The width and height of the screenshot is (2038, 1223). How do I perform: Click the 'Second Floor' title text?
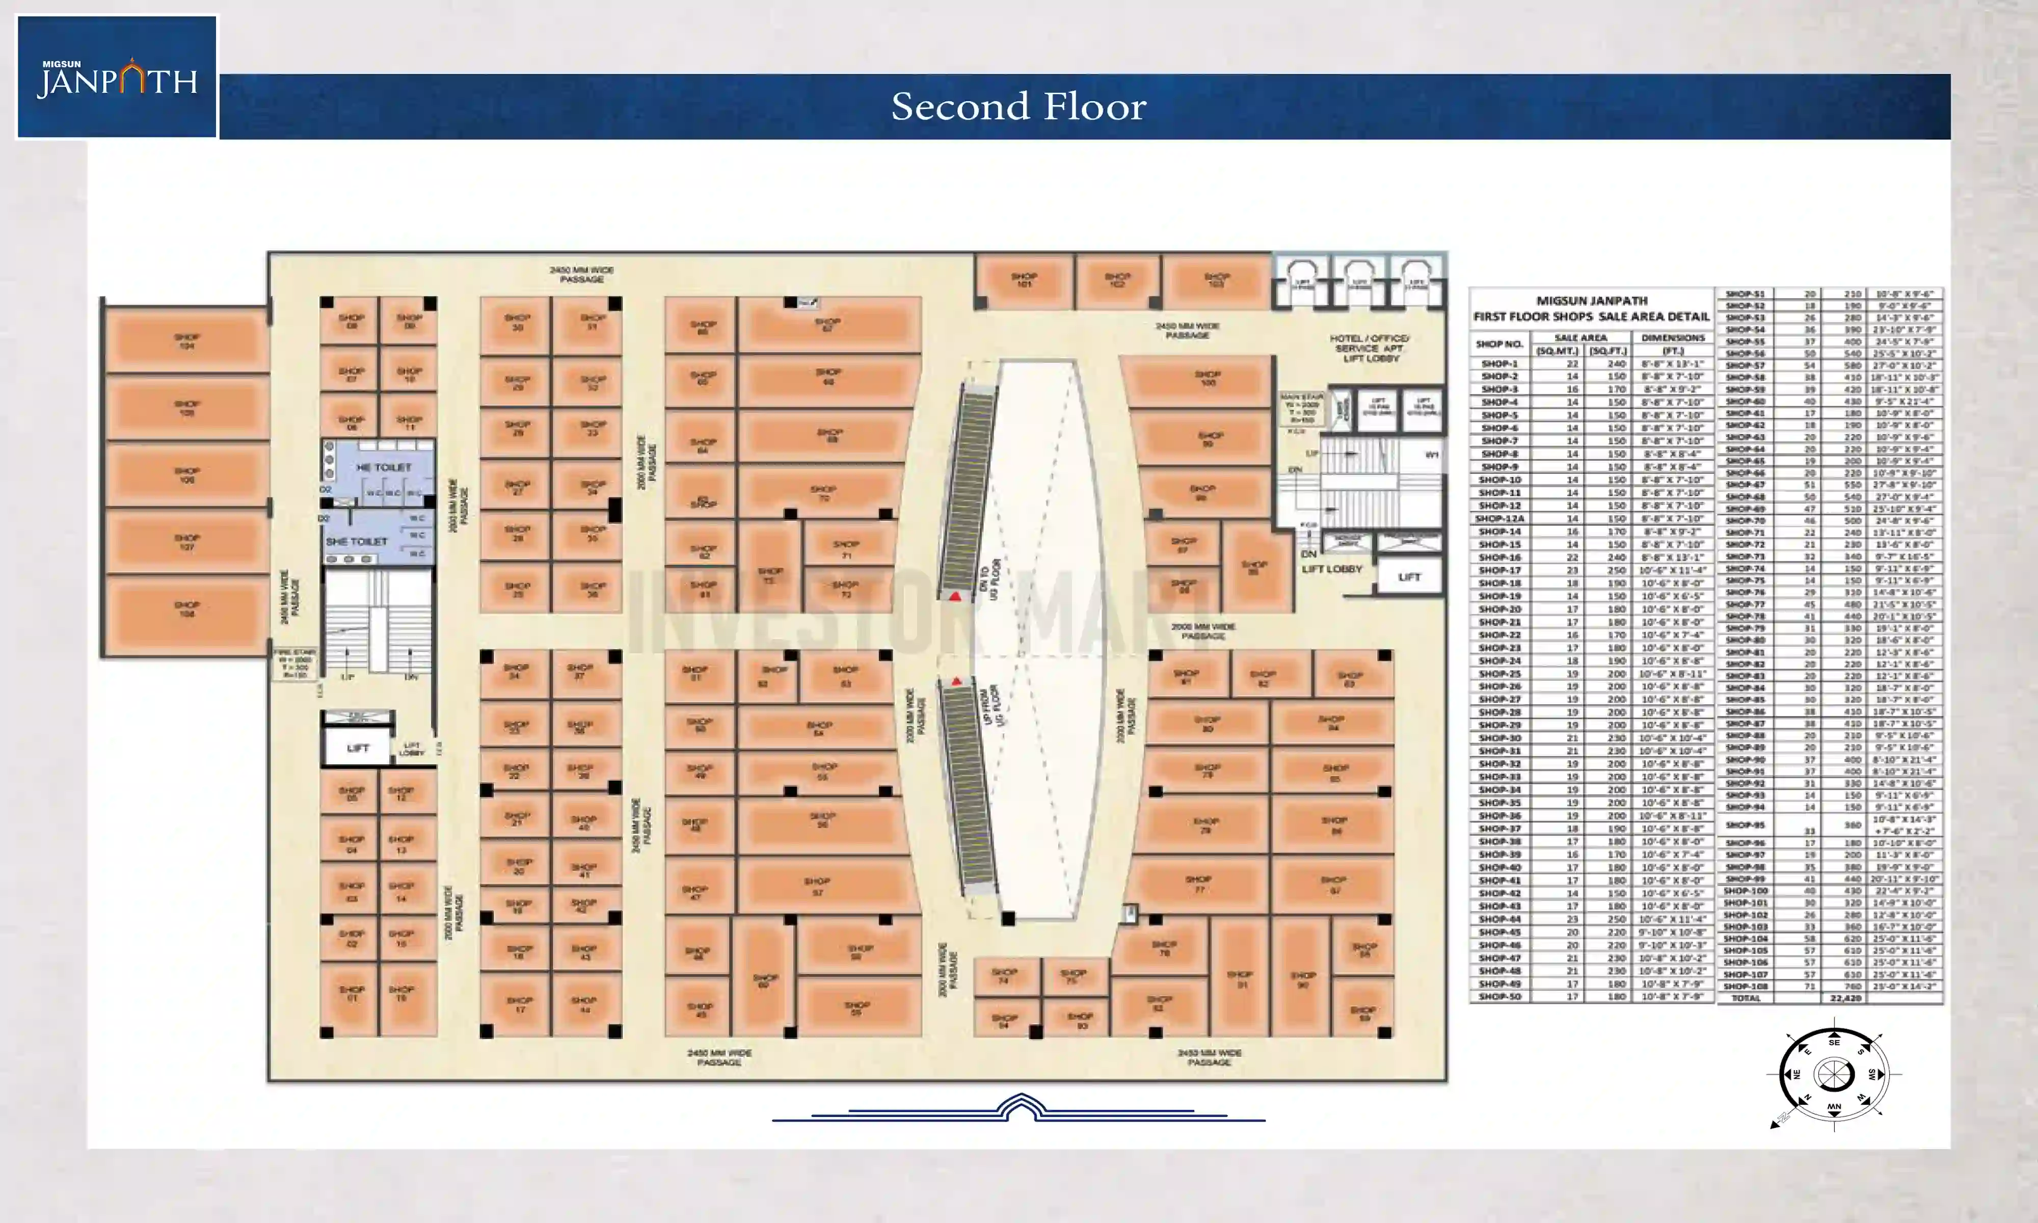[1018, 107]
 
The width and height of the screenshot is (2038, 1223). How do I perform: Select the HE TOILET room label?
[383, 467]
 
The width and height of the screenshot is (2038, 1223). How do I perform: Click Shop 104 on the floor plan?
[187, 340]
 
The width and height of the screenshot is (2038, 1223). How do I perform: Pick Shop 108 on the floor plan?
[187, 609]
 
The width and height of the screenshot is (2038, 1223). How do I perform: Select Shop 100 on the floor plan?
[1208, 378]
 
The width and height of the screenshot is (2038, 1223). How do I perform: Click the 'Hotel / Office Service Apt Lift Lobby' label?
[1370, 349]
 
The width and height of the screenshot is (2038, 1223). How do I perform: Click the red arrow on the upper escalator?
[955, 595]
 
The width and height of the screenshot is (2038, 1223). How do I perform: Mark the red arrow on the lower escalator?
[956, 681]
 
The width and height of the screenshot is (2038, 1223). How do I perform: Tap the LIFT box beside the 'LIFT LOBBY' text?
[1409, 577]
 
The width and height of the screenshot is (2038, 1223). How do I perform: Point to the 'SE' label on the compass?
[1834, 1043]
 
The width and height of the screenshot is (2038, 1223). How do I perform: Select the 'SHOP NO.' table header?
[1499, 343]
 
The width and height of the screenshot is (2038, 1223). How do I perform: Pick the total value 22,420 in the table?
[1845, 998]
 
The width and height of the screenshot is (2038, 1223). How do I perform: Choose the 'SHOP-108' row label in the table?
[1746, 986]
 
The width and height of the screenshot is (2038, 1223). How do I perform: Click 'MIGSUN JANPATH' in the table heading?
[1592, 301]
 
